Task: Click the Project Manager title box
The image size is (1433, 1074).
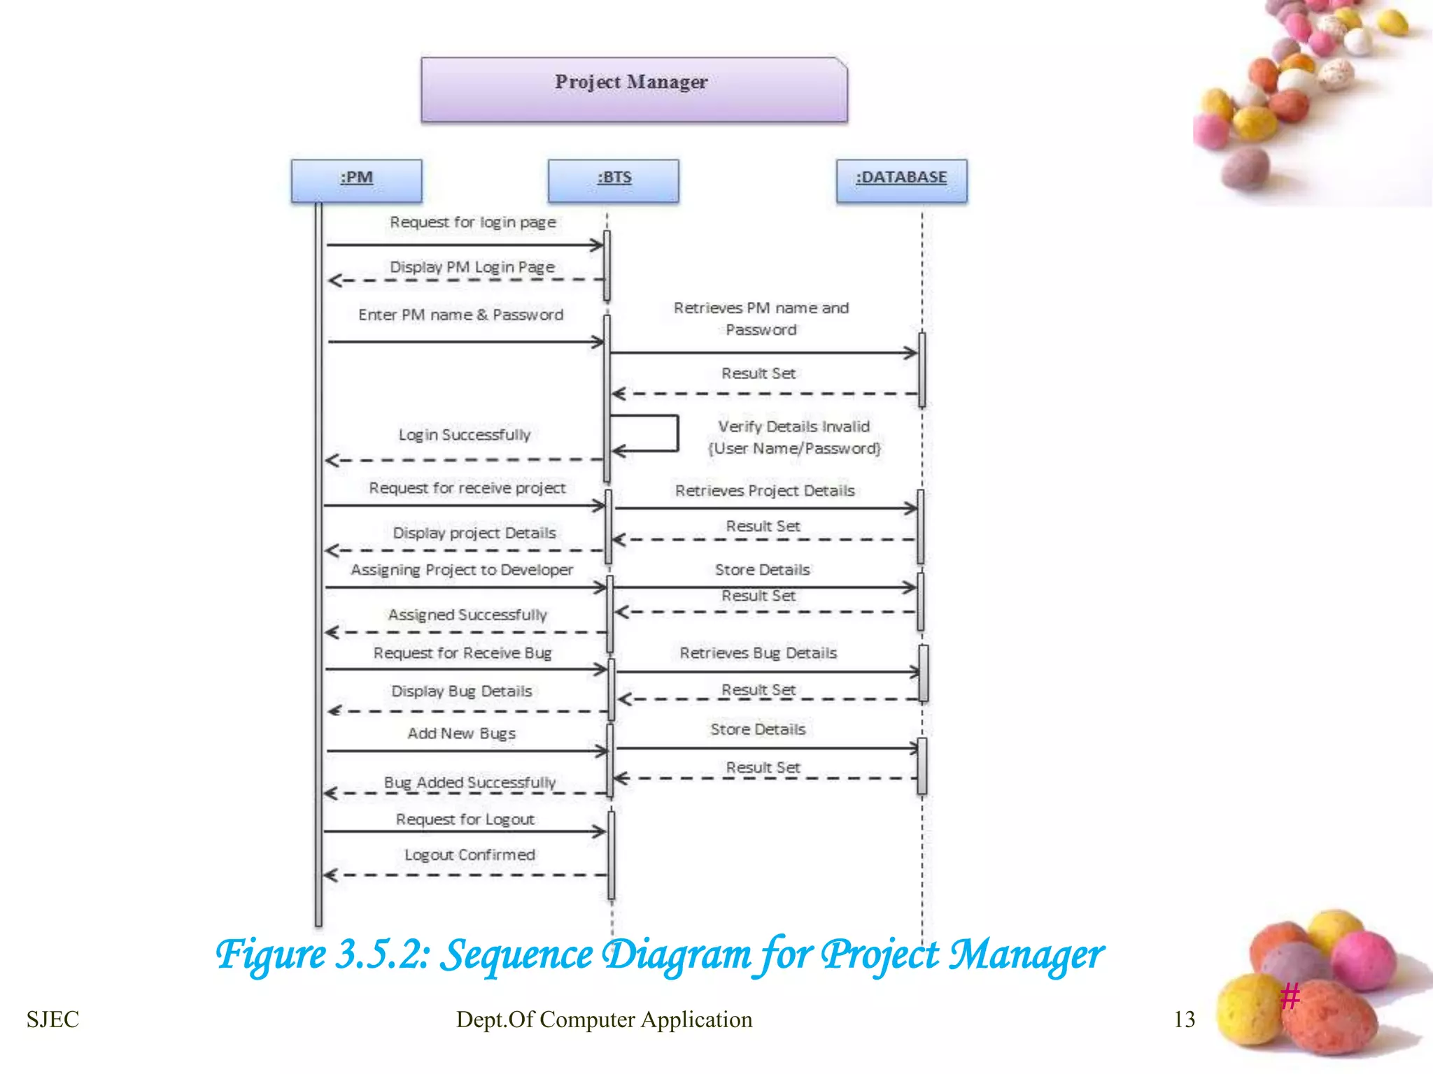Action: (634, 89)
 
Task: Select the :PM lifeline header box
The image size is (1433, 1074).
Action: (356, 180)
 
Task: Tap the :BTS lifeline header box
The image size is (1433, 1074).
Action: (614, 180)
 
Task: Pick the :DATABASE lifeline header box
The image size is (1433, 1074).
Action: (901, 180)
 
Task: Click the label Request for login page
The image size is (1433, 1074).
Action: (473, 222)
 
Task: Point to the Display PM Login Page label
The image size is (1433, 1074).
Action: (472, 267)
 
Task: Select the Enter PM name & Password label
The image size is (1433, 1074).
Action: (460, 315)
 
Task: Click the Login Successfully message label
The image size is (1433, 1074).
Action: (465, 435)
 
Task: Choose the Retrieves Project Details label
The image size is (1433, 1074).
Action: (765, 491)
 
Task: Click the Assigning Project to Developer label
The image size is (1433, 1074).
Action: (462, 570)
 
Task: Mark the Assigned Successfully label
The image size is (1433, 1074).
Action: (467, 615)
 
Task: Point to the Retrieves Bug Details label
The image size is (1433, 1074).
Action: (758, 653)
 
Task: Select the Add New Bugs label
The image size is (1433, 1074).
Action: (462, 733)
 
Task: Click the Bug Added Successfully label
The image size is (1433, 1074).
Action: (470, 782)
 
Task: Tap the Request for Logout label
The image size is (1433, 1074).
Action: (465, 819)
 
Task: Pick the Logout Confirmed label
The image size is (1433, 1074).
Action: (470, 855)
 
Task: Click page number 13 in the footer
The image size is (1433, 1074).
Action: (1184, 1019)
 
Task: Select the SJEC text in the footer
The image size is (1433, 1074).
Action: (52, 1019)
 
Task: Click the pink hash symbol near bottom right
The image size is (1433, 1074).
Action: (1290, 996)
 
